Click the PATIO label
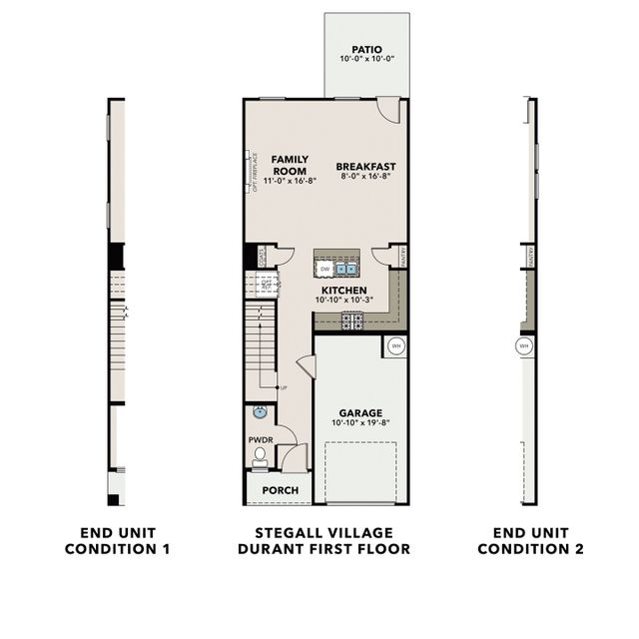click(366, 48)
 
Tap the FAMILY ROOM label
click(290, 165)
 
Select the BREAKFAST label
click(365, 166)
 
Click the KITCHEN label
click(343, 290)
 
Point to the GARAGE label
click(360, 412)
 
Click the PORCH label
click(279, 490)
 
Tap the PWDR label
click(260, 439)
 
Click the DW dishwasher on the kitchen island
click(325, 269)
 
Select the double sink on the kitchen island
click(346, 269)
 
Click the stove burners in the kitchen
click(352, 320)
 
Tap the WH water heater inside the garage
click(395, 346)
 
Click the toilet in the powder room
click(260, 456)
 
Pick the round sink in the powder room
click(260, 411)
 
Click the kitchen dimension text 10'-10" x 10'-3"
click(343, 301)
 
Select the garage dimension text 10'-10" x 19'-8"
click(360, 423)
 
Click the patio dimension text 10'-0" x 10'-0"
click(366, 59)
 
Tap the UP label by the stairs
click(284, 387)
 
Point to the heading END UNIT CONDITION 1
click(118, 541)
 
